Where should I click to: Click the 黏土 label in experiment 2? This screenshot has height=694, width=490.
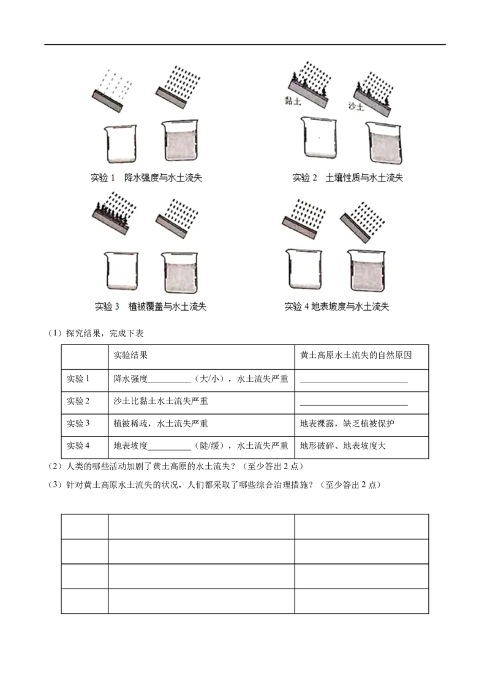[x=293, y=101]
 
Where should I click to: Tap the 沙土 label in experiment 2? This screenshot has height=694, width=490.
[x=356, y=106]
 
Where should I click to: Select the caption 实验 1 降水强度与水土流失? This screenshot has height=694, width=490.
[x=146, y=177]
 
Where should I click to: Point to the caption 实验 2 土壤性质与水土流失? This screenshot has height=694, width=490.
[x=348, y=177]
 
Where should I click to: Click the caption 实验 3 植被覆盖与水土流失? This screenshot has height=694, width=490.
[x=151, y=307]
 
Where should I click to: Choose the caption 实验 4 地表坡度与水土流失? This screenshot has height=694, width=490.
[x=336, y=307]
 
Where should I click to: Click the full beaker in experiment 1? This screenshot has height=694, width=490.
[x=180, y=140]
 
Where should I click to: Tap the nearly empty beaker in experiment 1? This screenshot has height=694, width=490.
[x=121, y=144]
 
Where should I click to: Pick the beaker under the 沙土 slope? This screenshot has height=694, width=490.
[x=384, y=143]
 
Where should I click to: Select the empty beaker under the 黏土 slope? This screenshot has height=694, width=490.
[x=318, y=137]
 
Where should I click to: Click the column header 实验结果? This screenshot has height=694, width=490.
[x=130, y=355]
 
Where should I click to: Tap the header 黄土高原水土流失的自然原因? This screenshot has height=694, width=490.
[x=356, y=355]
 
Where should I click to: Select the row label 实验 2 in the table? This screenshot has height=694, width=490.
[x=78, y=401]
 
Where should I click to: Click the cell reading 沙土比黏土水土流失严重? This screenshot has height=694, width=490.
[x=160, y=401]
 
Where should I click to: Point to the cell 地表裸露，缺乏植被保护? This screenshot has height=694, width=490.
[x=347, y=424]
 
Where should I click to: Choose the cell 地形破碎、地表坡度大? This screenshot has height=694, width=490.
[x=343, y=446]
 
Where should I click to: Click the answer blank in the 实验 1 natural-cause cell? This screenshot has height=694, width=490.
[x=354, y=383]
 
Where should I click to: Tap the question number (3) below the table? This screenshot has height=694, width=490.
[x=55, y=485]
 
